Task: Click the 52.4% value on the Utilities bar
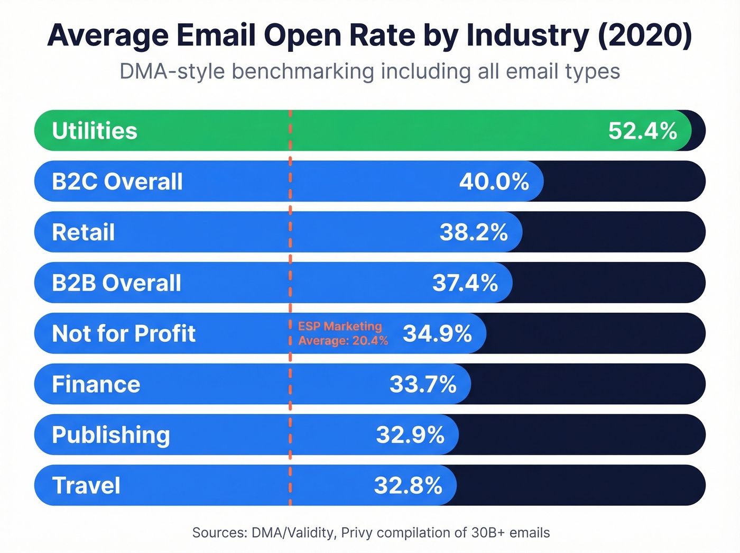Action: (642, 131)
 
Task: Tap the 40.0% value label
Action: (494, 182)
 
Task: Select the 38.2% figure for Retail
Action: (474, 232)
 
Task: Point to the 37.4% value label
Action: (465, 283)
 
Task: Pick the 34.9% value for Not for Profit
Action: (437, 333)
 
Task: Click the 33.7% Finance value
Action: (423, 384)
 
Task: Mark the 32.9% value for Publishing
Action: (410, 435)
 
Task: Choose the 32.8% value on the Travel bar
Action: (408, 485)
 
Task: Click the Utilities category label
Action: (95, 131)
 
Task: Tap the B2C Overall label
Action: (117, 182)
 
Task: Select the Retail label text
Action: (84, 232)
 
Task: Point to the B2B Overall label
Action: (117, 283)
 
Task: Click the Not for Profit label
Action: (124, 333)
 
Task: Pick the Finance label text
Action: (96, 384)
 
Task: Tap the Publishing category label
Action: (111, 435)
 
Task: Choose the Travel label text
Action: (87, 485)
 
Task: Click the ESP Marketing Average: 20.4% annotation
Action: (343, 333)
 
